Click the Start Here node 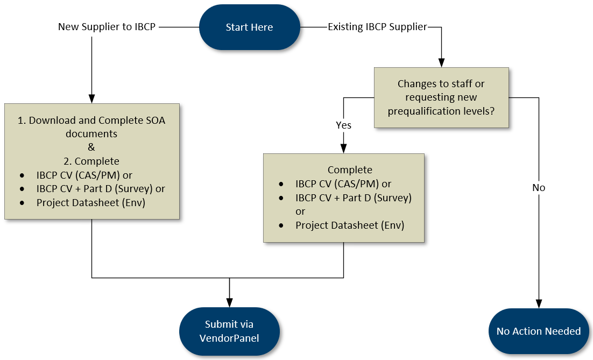tap(249, 27)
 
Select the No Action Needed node tap(538, 331)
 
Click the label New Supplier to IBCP tap(107, 26)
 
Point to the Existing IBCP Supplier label tap(377, 26)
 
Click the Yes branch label tap(343, 125)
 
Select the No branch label tap(538, 187)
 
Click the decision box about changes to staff tap(441, 97)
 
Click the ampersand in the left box tap(91, 147)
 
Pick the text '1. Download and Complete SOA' tap(91, 121)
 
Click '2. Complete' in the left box tap(91, 161)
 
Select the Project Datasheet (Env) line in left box tap(90, 203)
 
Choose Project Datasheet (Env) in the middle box tap(349, 225)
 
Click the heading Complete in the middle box tap(349, 170)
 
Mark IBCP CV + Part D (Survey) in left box tap(101, 189)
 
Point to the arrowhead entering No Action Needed tap(538, 303)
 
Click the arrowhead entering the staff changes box tap(441, 62)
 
